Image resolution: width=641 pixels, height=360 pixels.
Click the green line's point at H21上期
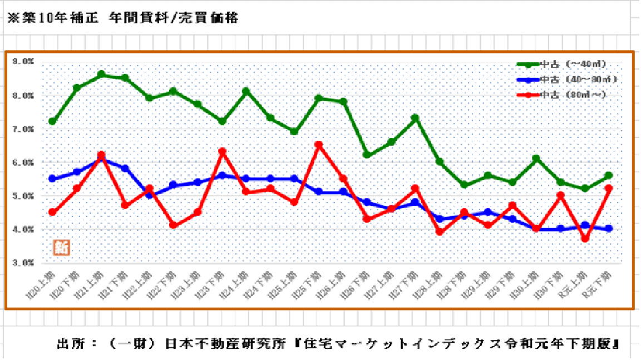point(101,74)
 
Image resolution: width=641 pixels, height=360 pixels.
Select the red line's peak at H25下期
point(318,145)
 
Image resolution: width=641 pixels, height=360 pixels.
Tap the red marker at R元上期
point(584,238)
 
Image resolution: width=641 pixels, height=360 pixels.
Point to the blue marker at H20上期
point(52,179)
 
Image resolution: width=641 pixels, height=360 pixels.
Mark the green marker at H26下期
point(367,155)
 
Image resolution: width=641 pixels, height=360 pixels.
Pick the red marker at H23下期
point(222,151)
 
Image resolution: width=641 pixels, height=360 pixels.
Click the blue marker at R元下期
point(608,228)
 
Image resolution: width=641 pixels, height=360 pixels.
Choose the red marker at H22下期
point(174,225)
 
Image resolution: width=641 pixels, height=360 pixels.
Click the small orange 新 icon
point(61,248)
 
